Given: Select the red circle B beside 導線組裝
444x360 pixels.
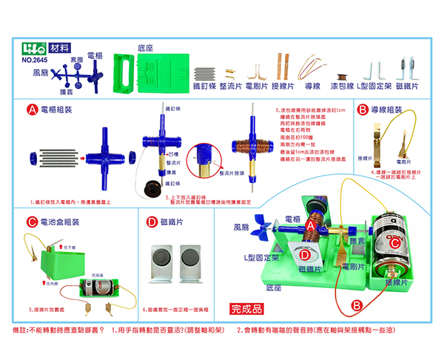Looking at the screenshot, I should tap(363, 110).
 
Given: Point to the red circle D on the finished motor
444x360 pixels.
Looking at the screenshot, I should tap(305, 255).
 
